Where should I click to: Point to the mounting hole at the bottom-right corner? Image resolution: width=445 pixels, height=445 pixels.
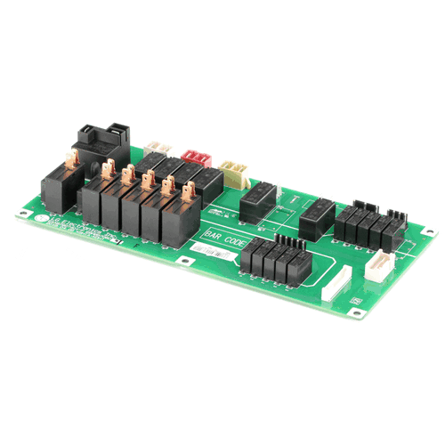coord(358,312)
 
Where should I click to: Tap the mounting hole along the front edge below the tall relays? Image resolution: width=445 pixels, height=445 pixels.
coord(182,262)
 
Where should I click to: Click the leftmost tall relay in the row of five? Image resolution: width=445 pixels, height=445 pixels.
coord(91,200)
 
